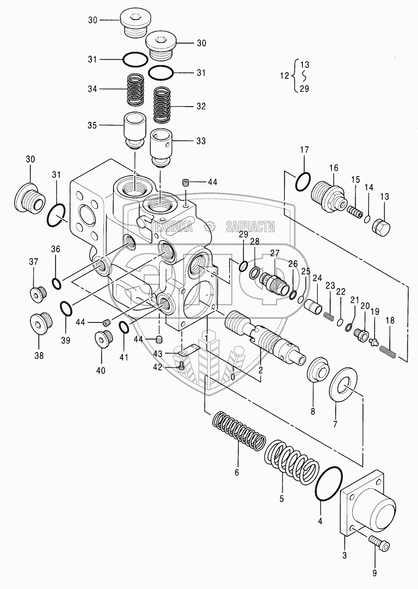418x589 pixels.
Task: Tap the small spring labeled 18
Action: tap(388, 351)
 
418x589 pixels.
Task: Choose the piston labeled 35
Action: tap(135, 130)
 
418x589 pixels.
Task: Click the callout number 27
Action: tap(274, 253)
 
